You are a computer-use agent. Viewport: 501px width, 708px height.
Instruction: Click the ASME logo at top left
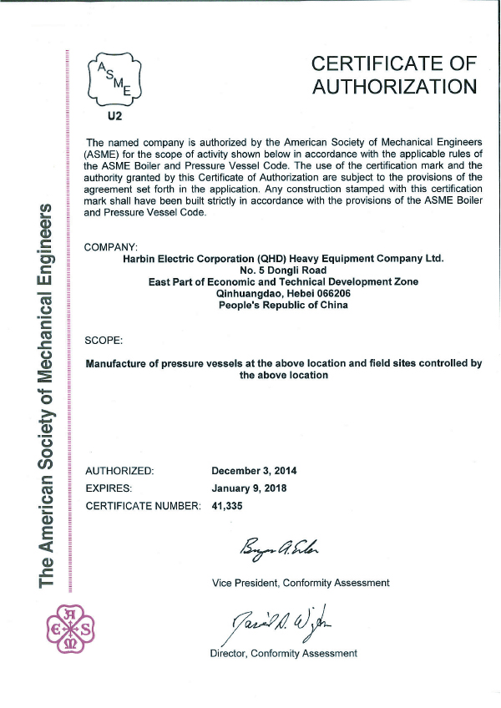pyautogui.click(x=117, y=78)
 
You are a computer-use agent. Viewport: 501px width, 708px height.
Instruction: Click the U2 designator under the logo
pyautogui.click(x=116, y=117)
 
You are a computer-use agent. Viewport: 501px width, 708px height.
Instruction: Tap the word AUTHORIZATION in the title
pyautogui.click(x=394, y=86)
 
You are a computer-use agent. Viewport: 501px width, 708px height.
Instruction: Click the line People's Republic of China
pyautogui.click(x=283, y=306)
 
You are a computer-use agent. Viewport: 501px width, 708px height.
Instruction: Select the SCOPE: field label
pyautogui.click(x=104, y=341)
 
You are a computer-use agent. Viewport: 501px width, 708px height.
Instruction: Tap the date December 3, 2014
pyautogui.click(x=254, y=471)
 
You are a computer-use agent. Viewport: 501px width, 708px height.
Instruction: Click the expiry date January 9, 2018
pyautogui.click(x=249, y=488)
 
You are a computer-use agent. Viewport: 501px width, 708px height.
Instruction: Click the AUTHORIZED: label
pyautogui.click(x=119, y=471)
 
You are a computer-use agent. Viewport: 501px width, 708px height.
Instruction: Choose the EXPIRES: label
pyautogui.click(x=109, y=488)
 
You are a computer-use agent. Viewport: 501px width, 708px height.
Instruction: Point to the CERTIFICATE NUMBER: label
pyautogui.click(x=143, y=505)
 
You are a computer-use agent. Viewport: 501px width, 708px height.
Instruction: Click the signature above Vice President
pyautogui.click(x=272, y=548)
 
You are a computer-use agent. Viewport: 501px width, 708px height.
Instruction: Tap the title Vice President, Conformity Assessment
pyautogui.click(x=301, y=582)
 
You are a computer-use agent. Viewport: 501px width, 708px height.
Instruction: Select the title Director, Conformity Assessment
pyautogui.click(x=283, y=653)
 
